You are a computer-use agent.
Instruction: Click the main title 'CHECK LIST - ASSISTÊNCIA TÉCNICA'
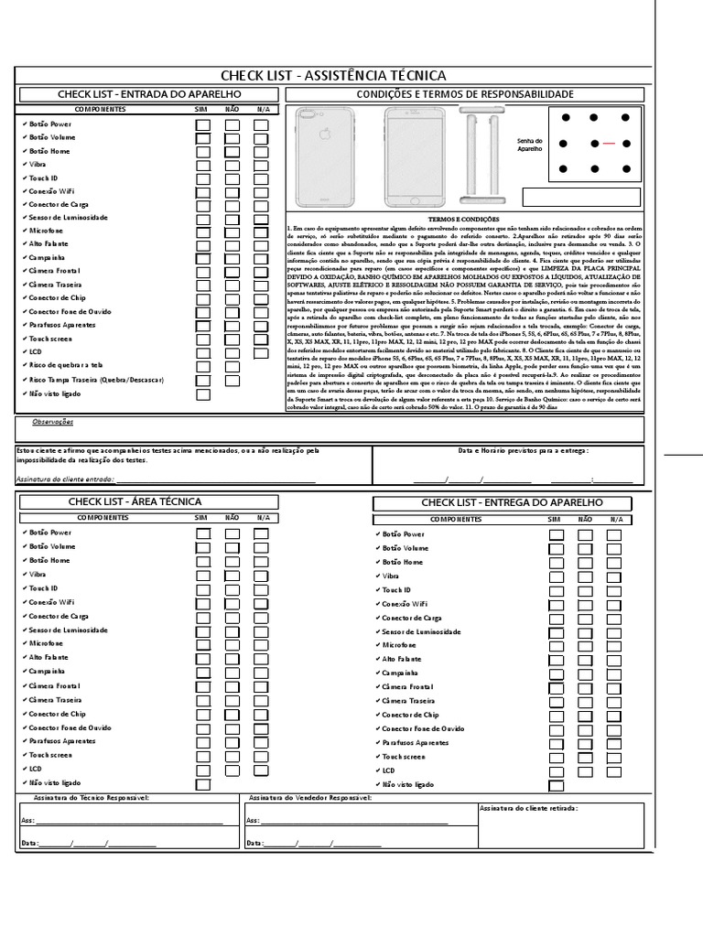click(333, 75)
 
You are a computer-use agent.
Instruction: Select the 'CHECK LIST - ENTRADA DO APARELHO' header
click(149, 94)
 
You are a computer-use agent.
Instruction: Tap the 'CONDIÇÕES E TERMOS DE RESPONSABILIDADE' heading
click(464, 94)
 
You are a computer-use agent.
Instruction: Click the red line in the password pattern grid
click(607, 144)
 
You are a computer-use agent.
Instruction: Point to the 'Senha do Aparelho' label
click(530, 145)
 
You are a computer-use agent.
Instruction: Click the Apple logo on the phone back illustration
click(323, 135)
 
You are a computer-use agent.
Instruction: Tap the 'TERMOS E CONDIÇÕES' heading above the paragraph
click(464, 220)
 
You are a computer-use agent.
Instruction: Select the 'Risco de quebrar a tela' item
click(67, 365)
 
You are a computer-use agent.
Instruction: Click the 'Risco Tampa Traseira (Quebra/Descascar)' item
click(96, 379)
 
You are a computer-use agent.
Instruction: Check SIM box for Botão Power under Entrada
click(203, 125)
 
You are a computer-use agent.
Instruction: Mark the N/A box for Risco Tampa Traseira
click(261, 380)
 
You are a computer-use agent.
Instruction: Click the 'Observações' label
click(53, 422)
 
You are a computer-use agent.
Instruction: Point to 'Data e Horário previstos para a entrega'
click(523, 450)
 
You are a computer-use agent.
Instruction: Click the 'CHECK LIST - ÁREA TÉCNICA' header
click(135, 501)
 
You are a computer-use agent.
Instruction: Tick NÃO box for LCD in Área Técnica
click(233, 770)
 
